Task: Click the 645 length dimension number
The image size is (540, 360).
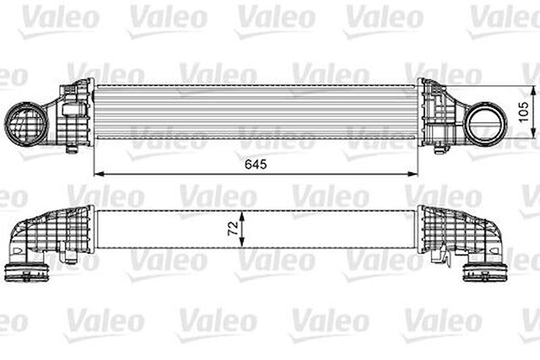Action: tap(256, 164)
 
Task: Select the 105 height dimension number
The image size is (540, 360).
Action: tap(524, 111)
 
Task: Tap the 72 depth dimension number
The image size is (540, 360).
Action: tap(233, 228)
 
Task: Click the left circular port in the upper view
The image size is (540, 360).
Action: tap(26, 124)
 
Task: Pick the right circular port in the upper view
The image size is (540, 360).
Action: tap(485, 124)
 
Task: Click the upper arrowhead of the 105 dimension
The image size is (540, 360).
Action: tap(533, 90)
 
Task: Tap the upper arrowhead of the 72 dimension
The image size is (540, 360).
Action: tap(242, 214)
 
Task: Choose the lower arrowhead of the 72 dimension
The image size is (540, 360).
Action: tap(242, 244)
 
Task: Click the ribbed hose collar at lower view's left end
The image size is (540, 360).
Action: tap(27, 272)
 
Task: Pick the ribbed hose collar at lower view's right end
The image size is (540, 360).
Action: tap(485, 272)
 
